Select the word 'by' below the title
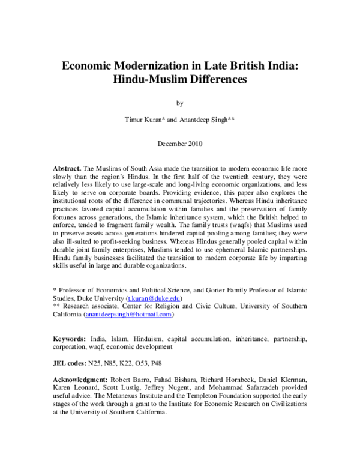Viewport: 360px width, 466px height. [180, 103]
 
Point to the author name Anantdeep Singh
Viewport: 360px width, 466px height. [207, 120]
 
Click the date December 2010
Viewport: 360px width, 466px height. [180, 144]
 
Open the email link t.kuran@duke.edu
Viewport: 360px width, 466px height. [159, 298]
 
